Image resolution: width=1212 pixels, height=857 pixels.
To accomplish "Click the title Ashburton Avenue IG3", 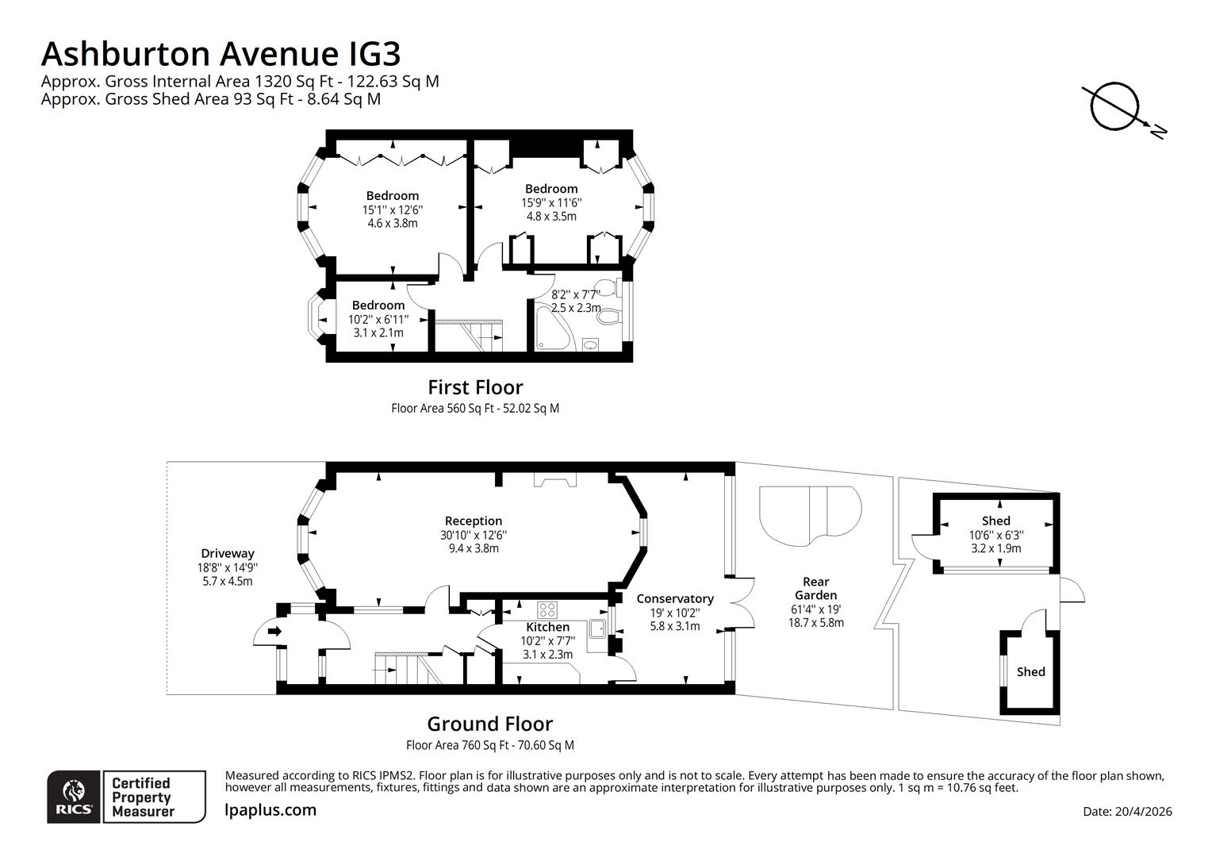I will pyautogui.click(x=221, y=54).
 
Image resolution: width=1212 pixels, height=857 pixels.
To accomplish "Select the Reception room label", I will pyautogui.click(x=474, y=521).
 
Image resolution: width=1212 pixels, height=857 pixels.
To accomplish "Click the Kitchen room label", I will pyautogui.click(x=547, y=627).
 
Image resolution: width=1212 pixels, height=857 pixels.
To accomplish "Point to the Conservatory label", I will pyautogui.click(x=674, y=598).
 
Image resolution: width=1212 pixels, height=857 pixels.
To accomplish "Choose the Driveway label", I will pyautogui.click(x=228, y=553).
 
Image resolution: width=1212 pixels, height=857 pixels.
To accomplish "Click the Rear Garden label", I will pyautogui.click(x=815, y=588).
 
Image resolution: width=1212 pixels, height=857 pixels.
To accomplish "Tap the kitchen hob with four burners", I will pyautogui.click(x=547, y=609).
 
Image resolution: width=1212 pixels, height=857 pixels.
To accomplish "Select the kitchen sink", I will pyautogui.click(x=597, y=629).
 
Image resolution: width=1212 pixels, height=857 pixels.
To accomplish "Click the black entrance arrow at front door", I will pyautogui.click(x=274, y=632).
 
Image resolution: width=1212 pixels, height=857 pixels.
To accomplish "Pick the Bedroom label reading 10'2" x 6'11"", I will pyautogui.click(x=378, y=305).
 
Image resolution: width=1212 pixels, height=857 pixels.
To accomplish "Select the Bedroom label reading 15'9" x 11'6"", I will pyautogui.click(x=551, y=189).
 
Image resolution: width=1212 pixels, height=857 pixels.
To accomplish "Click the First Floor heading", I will pyautogui.click(x=475, y=387).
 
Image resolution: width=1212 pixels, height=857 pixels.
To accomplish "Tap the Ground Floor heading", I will pyautogui.click(x=489, y=724).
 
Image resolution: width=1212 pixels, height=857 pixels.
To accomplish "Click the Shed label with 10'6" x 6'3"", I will pyautogui.click(x=995, y=521).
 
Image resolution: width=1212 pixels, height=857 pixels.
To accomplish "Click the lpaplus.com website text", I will pyautogui.click(x=270, y=810).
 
